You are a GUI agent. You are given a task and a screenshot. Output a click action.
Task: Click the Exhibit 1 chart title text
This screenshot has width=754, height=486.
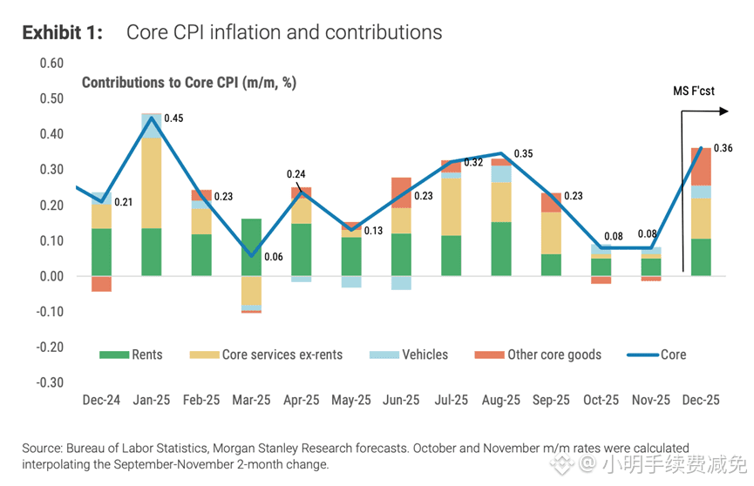pos(232,33)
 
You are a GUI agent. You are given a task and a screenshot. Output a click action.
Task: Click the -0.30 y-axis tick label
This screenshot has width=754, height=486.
pos(51,382)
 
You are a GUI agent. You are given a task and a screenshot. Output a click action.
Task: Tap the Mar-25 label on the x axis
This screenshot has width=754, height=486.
pos(251,401)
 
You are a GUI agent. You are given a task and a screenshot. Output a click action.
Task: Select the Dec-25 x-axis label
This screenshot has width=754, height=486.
pos(701,401)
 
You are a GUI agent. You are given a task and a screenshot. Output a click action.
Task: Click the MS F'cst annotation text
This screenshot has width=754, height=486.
pos(693,91)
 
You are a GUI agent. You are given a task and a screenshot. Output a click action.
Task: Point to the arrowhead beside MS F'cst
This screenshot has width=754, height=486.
pos(723,111)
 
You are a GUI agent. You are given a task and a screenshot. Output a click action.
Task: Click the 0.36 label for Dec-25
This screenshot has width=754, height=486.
pos(723,148)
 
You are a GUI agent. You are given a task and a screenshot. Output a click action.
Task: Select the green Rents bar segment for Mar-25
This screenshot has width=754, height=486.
pos(251,247)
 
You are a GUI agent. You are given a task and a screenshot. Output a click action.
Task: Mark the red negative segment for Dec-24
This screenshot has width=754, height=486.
pos(101,284)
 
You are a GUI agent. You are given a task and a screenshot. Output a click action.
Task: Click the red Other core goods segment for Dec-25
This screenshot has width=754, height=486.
pos(701,166)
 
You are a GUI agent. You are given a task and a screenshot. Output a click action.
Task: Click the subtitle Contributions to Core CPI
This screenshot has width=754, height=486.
pos(189,83)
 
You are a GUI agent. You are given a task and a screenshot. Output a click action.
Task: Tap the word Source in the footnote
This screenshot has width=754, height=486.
pos(41,448)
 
